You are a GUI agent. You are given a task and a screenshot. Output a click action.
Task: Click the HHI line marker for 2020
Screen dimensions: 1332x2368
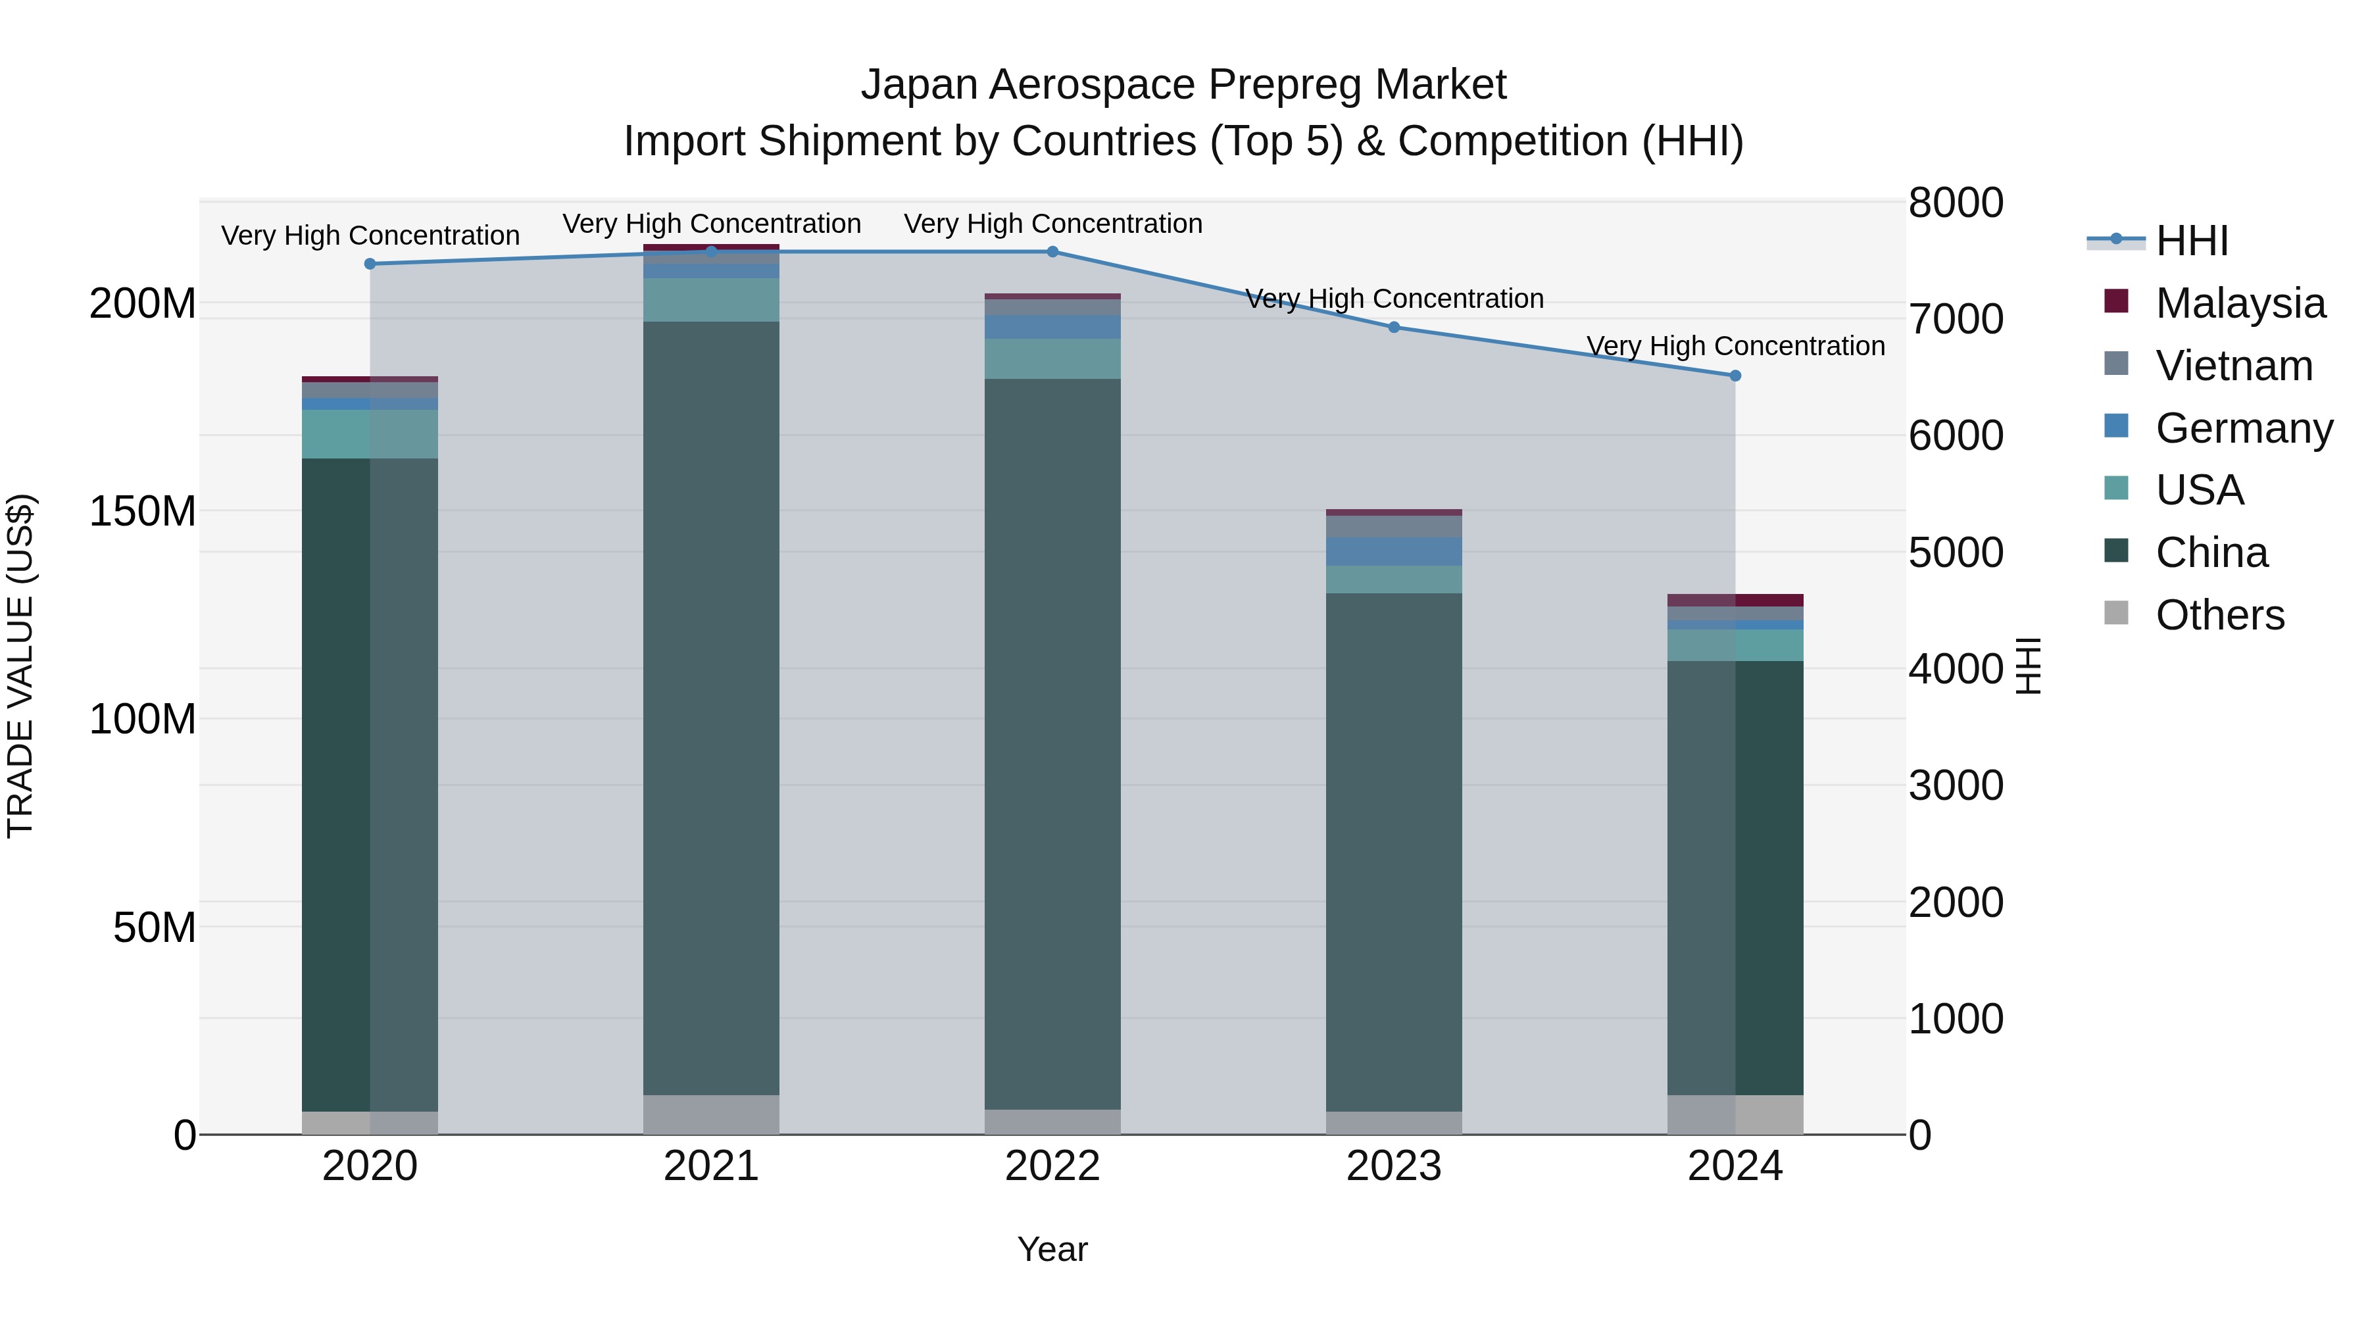click(370, 264)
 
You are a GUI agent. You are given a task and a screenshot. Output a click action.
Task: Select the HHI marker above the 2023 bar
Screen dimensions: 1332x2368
click(1394, 328)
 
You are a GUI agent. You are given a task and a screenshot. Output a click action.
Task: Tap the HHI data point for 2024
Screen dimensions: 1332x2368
click(1735, 376)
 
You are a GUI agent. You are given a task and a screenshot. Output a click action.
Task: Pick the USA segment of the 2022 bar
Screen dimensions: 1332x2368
click(1052, 358)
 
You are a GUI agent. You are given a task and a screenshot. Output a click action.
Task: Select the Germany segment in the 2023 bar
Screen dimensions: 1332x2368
click(1394, 552)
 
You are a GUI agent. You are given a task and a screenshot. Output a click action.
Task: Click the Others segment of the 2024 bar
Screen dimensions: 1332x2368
click(1735, 1114)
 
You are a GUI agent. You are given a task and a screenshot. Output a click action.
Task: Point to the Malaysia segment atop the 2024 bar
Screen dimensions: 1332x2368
click(1735, 601)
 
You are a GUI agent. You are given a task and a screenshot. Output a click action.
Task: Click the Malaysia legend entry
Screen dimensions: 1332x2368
click(2239, 303)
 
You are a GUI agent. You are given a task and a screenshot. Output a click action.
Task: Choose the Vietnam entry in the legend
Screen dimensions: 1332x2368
click(2234, 366)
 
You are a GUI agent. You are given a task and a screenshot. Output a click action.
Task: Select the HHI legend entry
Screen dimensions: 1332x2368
click(2192, 241)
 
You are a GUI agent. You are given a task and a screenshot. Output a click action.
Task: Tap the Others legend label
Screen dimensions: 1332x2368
click(2219, 615)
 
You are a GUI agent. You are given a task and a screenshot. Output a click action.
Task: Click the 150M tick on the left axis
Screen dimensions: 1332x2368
click(143, 511)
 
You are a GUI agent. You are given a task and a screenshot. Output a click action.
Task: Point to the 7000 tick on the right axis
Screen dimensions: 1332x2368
click(1956, 319)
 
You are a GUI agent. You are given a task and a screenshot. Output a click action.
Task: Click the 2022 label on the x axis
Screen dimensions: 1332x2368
click(1052, 1166)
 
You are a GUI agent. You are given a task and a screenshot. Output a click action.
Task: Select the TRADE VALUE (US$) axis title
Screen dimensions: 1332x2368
click(20, 666)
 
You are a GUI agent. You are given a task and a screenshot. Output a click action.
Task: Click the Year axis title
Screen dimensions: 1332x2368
click(1052, 1249)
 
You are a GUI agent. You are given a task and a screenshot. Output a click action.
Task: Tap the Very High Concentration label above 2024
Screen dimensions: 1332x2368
click(1735, 347)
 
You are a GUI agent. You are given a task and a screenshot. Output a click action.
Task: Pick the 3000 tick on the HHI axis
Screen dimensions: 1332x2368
click(1956, 786)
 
